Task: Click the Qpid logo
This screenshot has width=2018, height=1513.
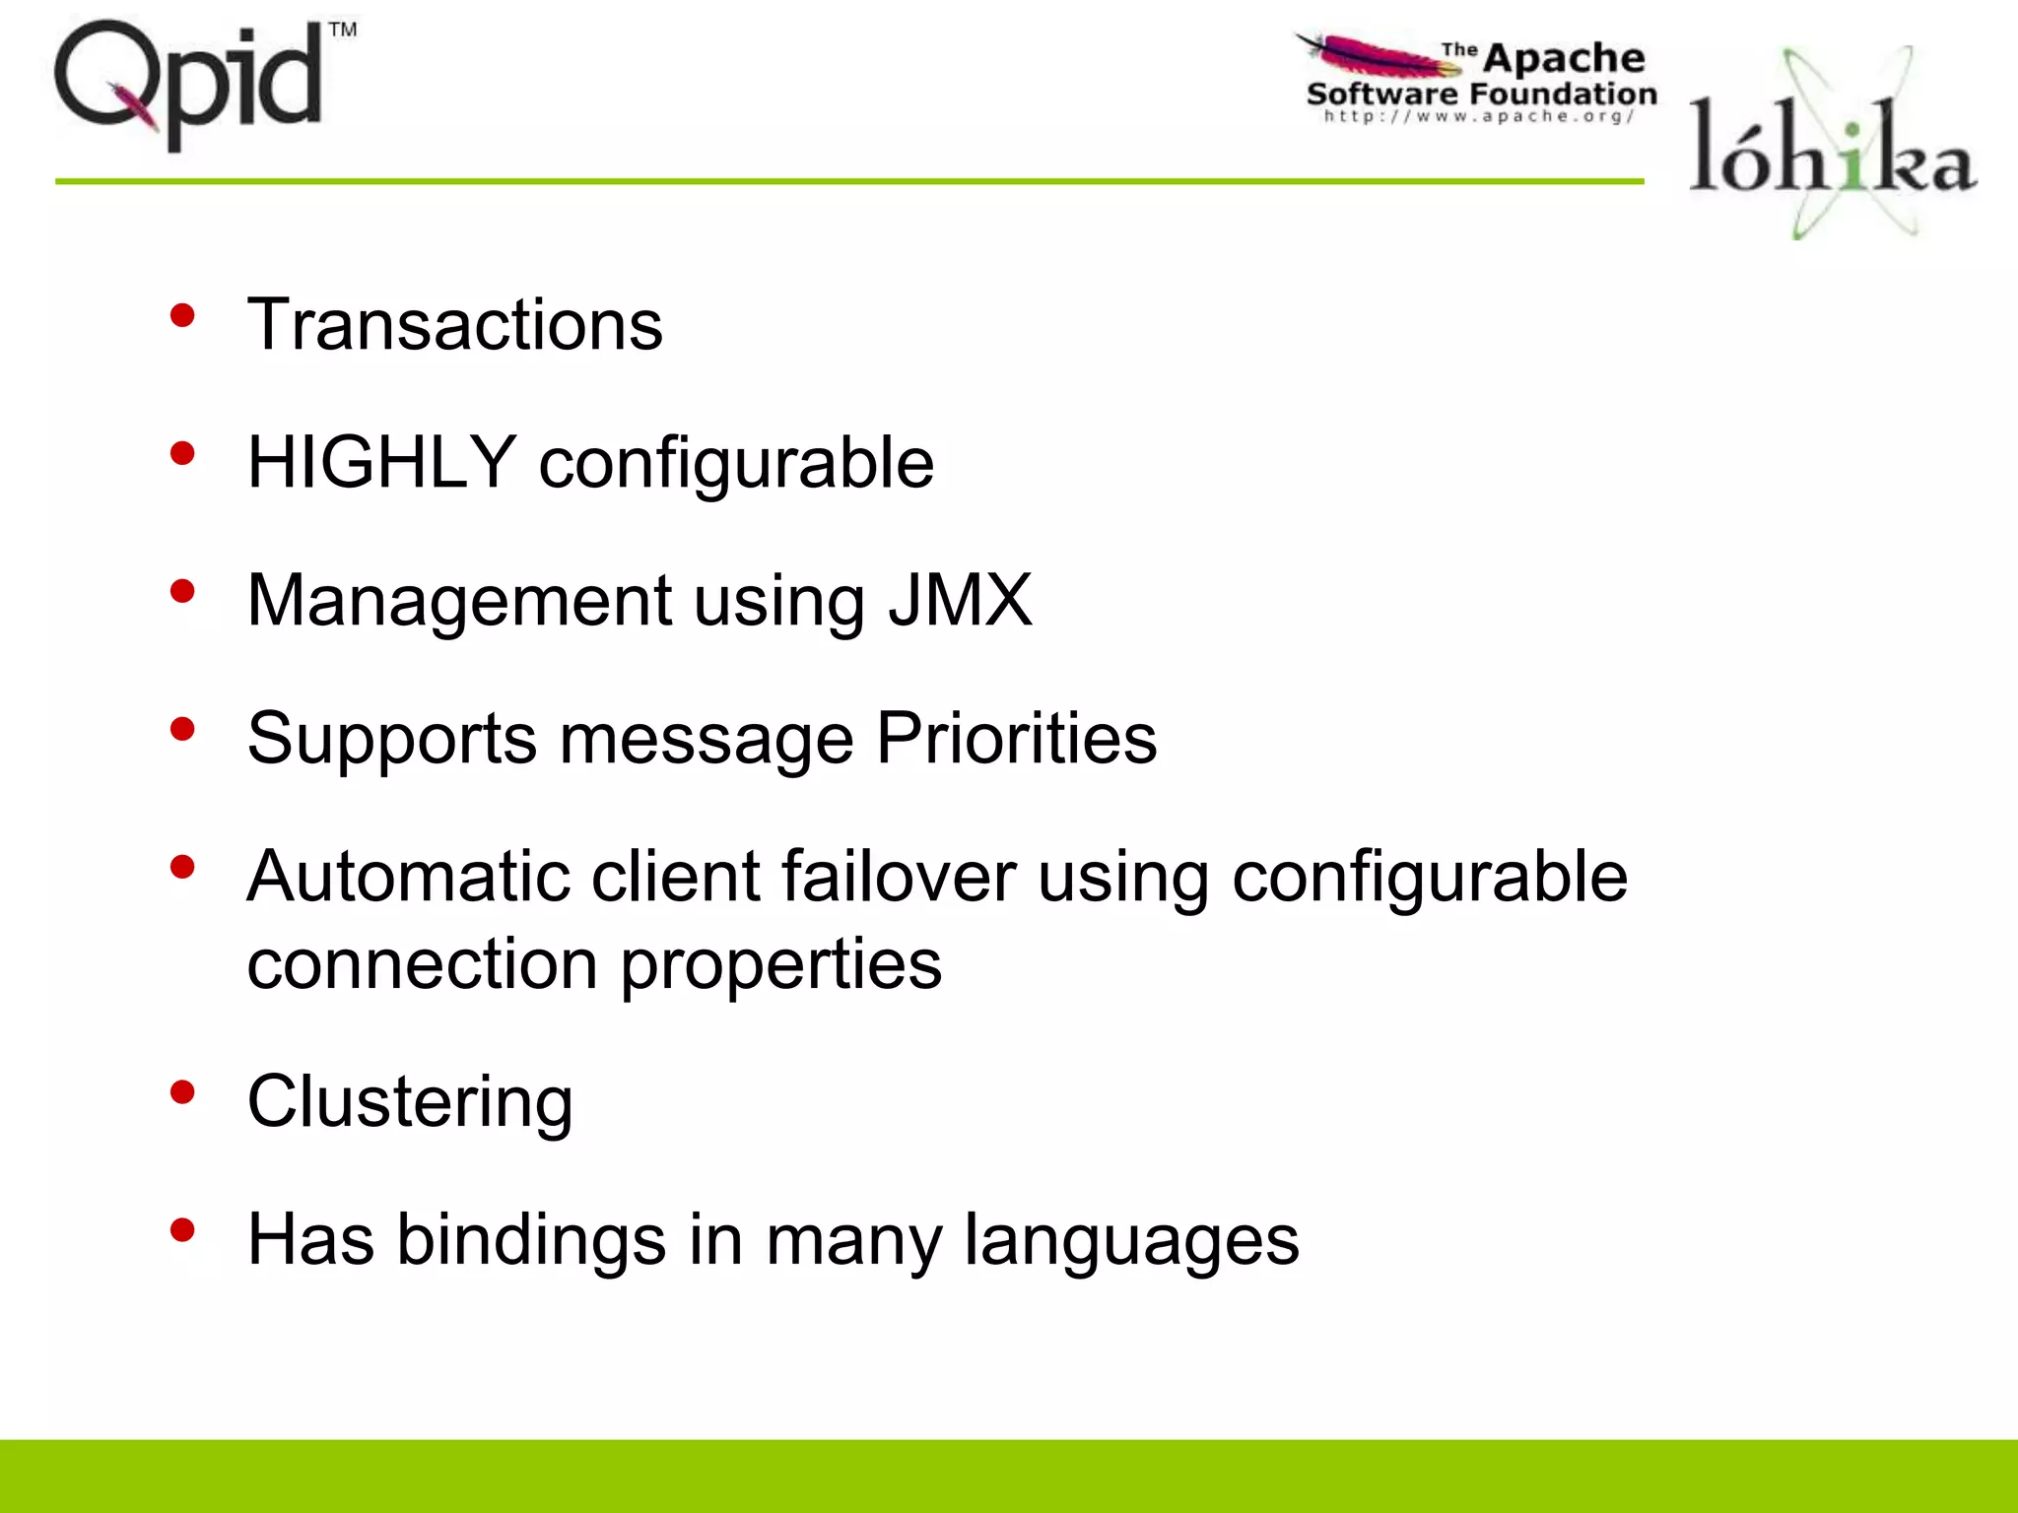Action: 187,84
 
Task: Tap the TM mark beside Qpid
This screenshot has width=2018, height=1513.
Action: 342,30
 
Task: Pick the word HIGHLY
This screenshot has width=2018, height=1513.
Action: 381,462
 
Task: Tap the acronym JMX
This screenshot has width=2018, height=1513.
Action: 960,600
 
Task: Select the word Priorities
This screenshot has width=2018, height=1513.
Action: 1017,738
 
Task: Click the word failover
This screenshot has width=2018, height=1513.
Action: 899,876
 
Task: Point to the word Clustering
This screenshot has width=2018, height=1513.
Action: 410,1101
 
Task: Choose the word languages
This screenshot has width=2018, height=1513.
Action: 1131,1240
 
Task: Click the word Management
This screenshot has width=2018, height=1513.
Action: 460,600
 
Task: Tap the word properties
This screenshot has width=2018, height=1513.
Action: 780,964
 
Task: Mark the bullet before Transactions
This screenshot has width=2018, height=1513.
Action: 182,315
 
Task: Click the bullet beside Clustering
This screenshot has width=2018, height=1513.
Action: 182,1091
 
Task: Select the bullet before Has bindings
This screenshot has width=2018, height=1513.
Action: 182,1229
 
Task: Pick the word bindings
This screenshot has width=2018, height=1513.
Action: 531,1240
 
